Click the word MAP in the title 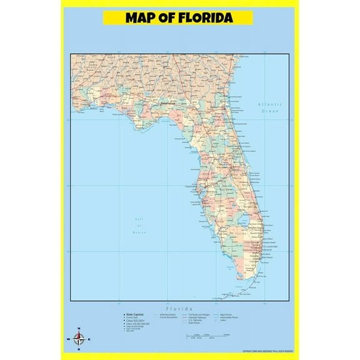(x=141, y=17)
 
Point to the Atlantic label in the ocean (x=270, y=104)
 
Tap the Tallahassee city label (x=167, y=105)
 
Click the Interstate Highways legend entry (x=198, y=317)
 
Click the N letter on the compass (x=78, y=329)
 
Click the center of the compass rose (x=79, y=340)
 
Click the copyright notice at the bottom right (x=259, y=352)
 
